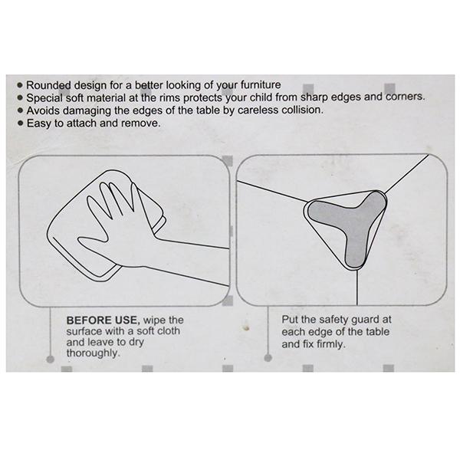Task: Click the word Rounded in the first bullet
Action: pyautogui.click(x=49, y=85)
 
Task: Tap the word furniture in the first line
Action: pyautogui.click(x=261, y=85)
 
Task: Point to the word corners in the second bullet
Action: pyautogui.click(x=405, y=97)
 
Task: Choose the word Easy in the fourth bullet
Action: pyautogui.click(x=39, y=123)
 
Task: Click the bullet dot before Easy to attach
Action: pyautogui.click(x=20, y=123)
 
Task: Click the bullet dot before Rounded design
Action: pyautogui.click(x=20, y=85)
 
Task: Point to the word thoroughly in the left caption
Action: pyautogui.click(x=94, y=353)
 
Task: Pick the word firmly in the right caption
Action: pyautogui.click(x=331, y=343)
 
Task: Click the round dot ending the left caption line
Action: pyautogui.click(x=50, y=359)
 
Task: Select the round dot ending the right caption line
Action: pyautogui.click(x=268, y=358)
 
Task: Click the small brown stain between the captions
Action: pyautogui.click(x=246, y=327)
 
